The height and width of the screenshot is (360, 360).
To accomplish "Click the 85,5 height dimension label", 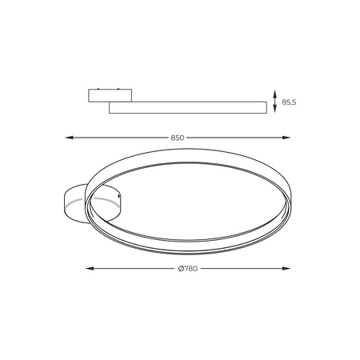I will point(289,102).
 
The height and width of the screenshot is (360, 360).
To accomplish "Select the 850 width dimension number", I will point(178,138).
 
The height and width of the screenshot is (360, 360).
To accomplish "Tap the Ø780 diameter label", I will point(190,268).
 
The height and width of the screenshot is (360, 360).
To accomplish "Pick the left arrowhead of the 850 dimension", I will point(67,138).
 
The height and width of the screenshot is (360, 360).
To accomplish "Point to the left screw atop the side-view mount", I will point(98,87).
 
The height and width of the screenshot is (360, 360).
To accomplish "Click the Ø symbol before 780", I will point(181,268).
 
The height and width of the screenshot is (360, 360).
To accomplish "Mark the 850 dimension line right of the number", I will point(240,138).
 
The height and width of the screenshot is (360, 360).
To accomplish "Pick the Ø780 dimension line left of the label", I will point(132,268).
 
